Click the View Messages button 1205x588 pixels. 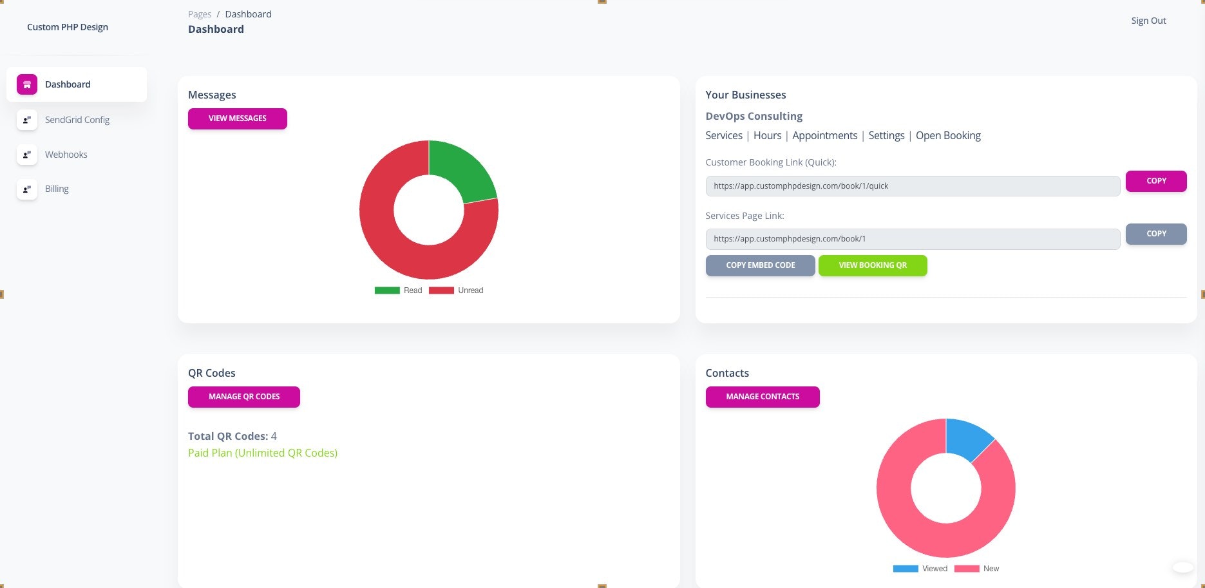click(x=237, y=119)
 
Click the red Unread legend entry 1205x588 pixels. click(x=457, y=290)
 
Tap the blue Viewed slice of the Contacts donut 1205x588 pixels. click(x=966, y=436)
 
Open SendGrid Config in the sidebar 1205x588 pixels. click(x=77, y=120)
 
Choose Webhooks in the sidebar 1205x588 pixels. click(x=66, y=155)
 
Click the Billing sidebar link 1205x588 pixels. click(x=57, y=189)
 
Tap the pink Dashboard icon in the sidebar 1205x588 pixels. click(x=27, y=84)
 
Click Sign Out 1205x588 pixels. click(x=1148, y=21)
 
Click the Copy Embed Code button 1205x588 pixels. click(x=760, y=265)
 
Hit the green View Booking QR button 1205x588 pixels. click(x=872, y=265)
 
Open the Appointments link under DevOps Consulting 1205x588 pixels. click(x=824, y=135)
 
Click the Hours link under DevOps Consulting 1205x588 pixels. click(x=767, y=135)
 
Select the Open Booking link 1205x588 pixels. click(x=948, y=135)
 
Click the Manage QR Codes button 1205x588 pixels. click(x=243, y=397)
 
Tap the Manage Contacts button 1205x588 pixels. click(x=762, y=397)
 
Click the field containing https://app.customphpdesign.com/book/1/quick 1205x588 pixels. click(x=912, y=186)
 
